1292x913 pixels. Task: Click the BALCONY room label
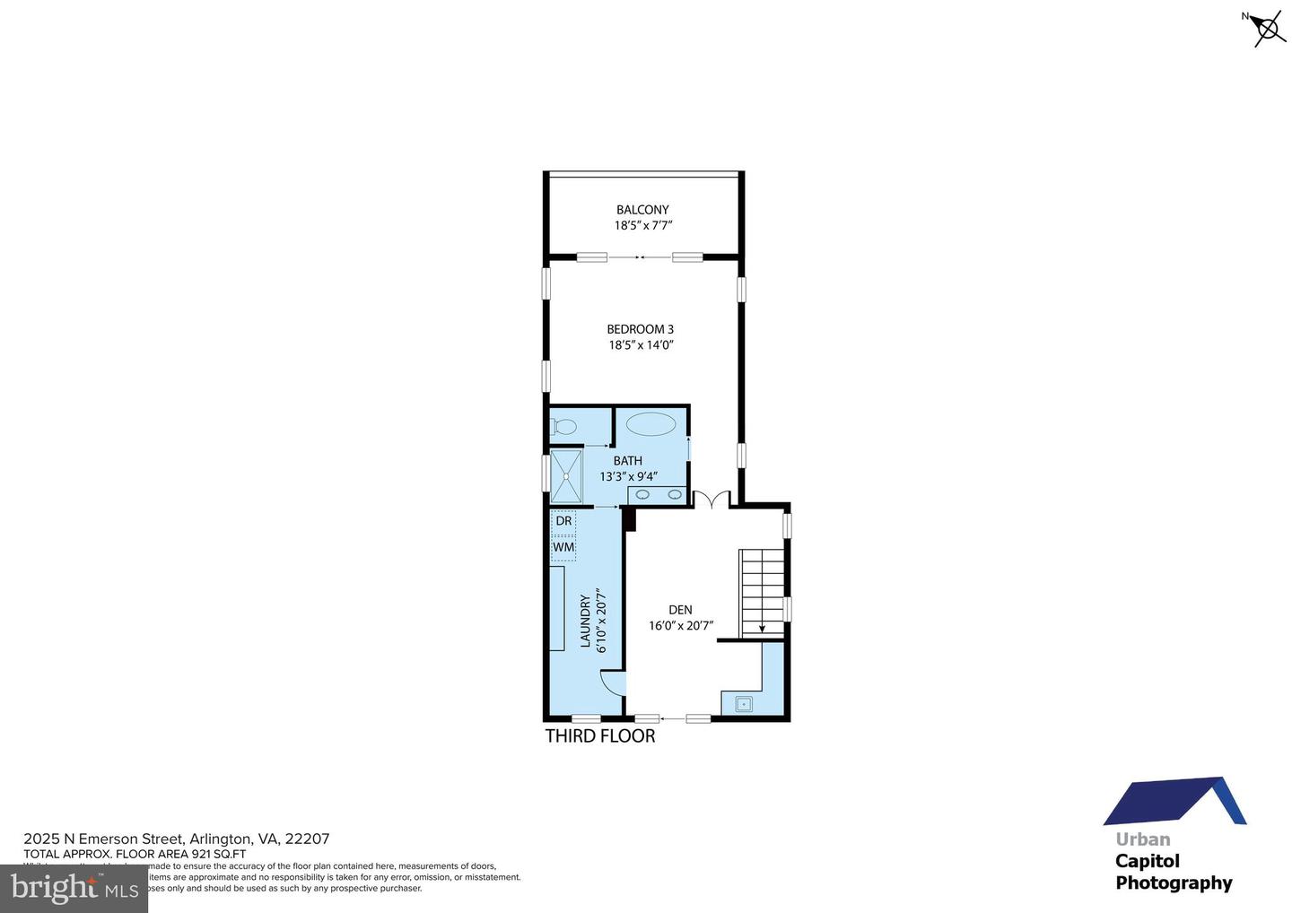point(642,210)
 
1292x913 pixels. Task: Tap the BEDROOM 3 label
point(640,329)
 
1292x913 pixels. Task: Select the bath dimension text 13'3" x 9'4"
point(628,476)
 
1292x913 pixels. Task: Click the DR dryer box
point(563,521)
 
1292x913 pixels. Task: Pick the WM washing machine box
point(563,547)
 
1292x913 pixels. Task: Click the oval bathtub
point(652,423)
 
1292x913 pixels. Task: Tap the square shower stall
point(566,476)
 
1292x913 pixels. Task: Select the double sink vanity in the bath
point(657,494)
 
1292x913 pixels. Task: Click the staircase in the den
point(762,592)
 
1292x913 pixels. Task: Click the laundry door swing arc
point(611,683)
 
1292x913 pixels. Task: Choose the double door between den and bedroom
point(711,500)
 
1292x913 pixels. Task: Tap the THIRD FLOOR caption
point(600,736)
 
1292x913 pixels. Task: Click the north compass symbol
point(1268,29)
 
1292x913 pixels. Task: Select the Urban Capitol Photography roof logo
point(1174,801)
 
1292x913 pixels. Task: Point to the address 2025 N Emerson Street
point(177,839)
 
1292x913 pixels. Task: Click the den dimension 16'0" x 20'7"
point(680,626)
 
